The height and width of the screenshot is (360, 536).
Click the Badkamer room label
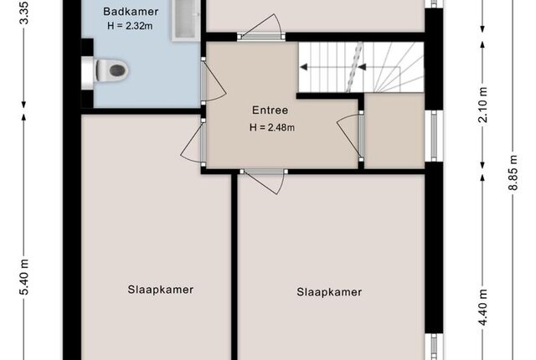(131, 12)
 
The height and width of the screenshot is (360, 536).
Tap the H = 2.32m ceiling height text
(130, 26)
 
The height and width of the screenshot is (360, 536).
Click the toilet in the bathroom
(108, 70)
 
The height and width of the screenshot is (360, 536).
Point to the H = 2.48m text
(272, 127)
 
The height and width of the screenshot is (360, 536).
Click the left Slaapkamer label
(161, 290)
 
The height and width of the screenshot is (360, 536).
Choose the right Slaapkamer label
(329, 292)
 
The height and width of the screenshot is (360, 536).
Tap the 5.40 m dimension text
(24, 276)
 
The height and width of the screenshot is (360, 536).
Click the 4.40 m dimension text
(482, 307)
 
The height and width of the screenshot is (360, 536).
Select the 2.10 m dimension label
(482, 105)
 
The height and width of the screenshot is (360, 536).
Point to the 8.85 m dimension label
(513, 172)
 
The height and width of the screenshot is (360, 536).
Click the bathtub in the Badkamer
(186, 20)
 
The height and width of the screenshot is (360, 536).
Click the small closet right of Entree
(394, 131)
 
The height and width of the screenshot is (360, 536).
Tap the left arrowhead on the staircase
(303, 67)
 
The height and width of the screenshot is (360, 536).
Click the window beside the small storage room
(434, 136)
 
